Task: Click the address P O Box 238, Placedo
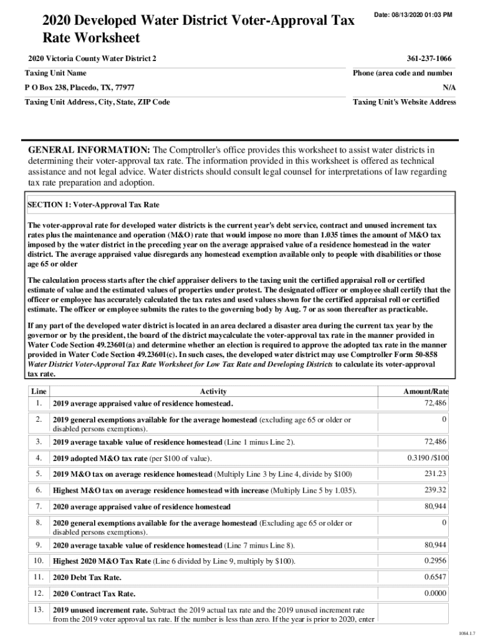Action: point(79,87)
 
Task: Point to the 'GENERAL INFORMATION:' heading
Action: point(89,150)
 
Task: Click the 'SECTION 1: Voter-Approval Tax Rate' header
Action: point(94,204)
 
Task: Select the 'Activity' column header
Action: point(213,391)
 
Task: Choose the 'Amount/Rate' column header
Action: point(426,391)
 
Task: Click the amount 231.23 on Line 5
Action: point(435,474)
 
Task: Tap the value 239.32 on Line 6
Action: point(435,490)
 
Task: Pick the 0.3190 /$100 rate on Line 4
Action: point(428,458)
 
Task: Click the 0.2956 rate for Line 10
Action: point(435,561)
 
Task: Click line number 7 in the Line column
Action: point(38,505)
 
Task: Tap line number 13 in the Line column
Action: point(38,609)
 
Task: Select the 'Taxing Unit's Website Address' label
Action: point(405,102)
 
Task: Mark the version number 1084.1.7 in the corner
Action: point(468,632)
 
